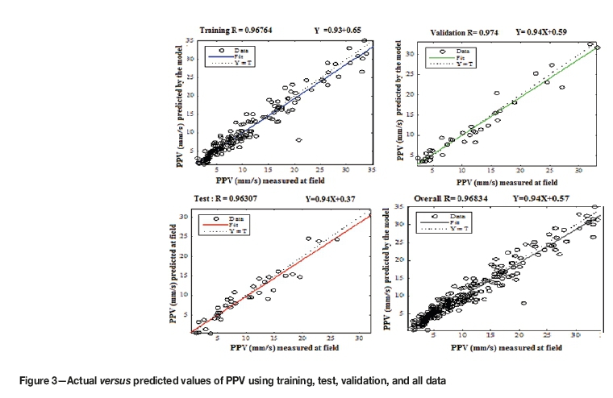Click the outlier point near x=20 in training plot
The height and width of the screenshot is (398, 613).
pos(298,139)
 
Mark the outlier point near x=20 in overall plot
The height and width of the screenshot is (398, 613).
pos(524,304)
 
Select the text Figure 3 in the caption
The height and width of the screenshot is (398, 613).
pos(35,378)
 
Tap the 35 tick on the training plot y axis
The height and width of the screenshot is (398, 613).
pos(189,40)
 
